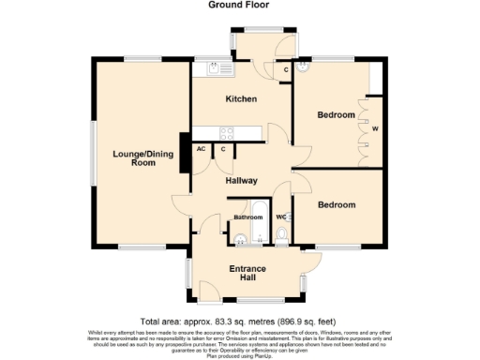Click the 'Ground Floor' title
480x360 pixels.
239,5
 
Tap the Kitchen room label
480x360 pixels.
241,98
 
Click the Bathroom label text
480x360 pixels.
248,217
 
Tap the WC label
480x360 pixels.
280,217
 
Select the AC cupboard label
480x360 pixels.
202,148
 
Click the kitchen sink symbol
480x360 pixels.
216,68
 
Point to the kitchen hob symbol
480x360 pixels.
227,132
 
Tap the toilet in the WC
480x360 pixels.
282,234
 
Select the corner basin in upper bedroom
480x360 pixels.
302,68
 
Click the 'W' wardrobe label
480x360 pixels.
375,128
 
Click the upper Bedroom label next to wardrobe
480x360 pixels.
336,114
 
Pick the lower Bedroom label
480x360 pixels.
336,204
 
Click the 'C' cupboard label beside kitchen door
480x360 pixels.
286,70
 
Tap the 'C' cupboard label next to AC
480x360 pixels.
223,148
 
